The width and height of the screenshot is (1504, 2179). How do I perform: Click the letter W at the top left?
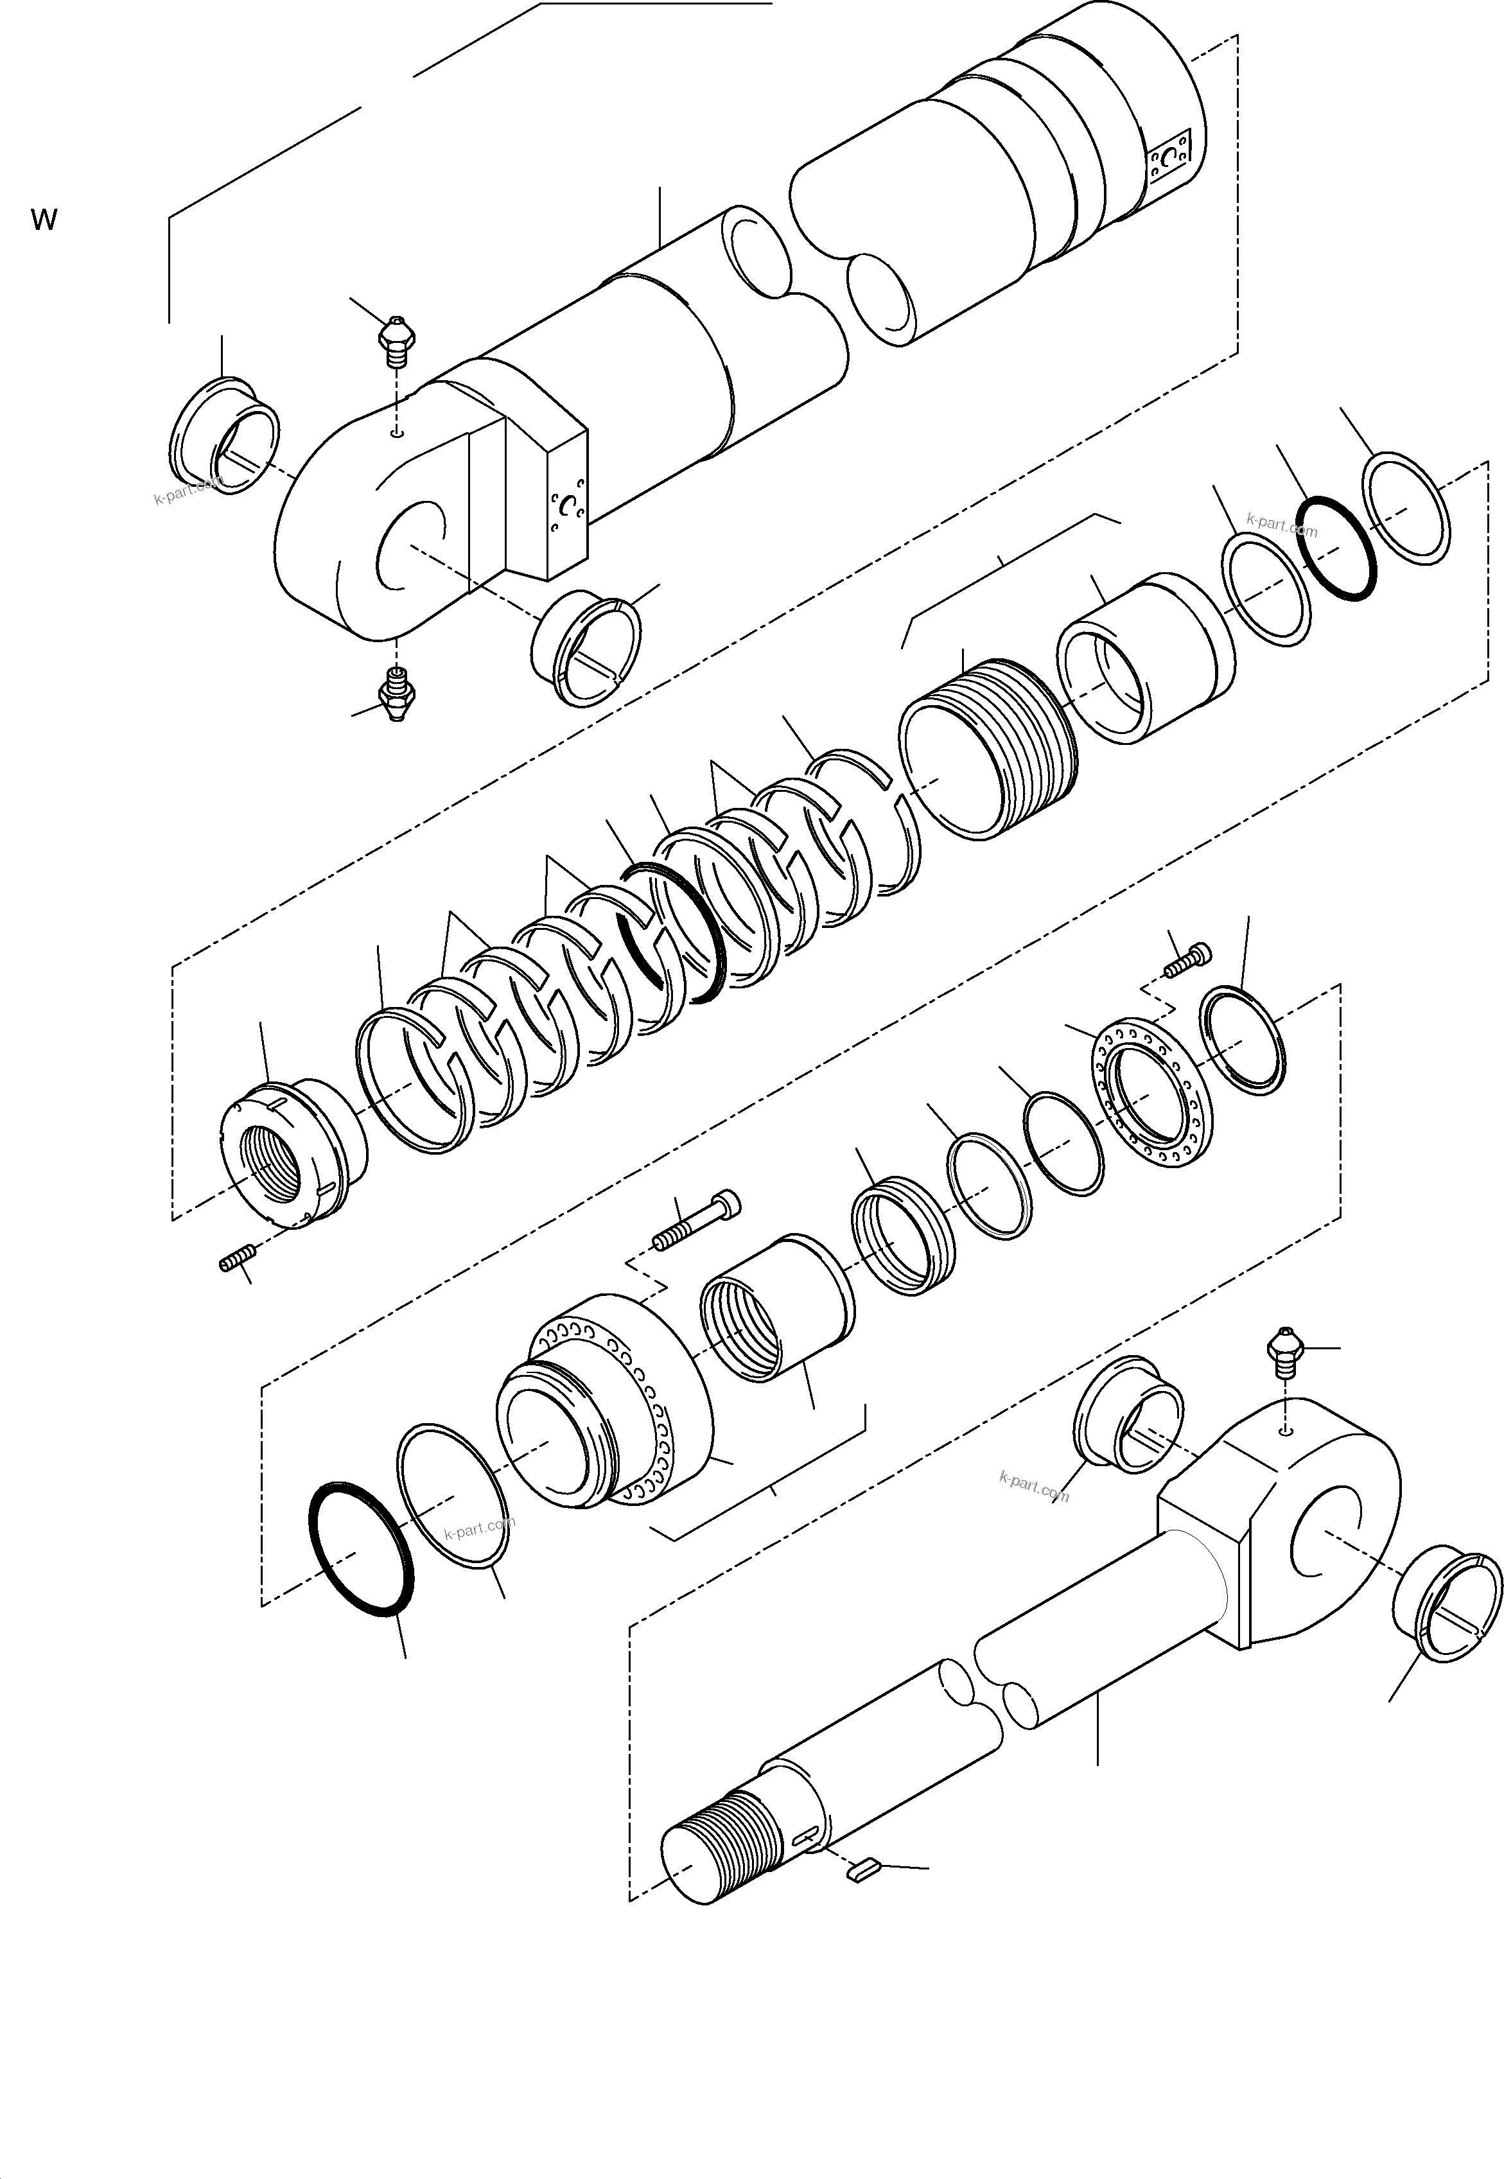click(x=44, y=220)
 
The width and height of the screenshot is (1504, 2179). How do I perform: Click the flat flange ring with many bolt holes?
click(x=1153, y=1093)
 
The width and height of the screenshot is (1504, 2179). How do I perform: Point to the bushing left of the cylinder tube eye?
click(x=224, y=435)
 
